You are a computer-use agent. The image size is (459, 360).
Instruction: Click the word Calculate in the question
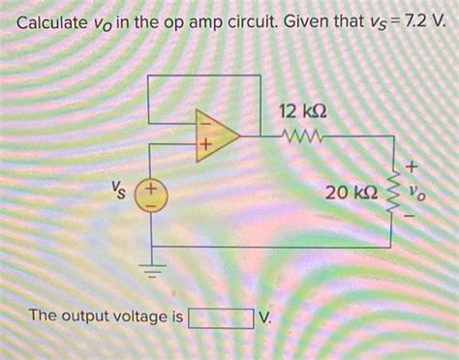(57, 24)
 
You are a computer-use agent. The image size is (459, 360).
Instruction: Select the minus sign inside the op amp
(203, 123)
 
